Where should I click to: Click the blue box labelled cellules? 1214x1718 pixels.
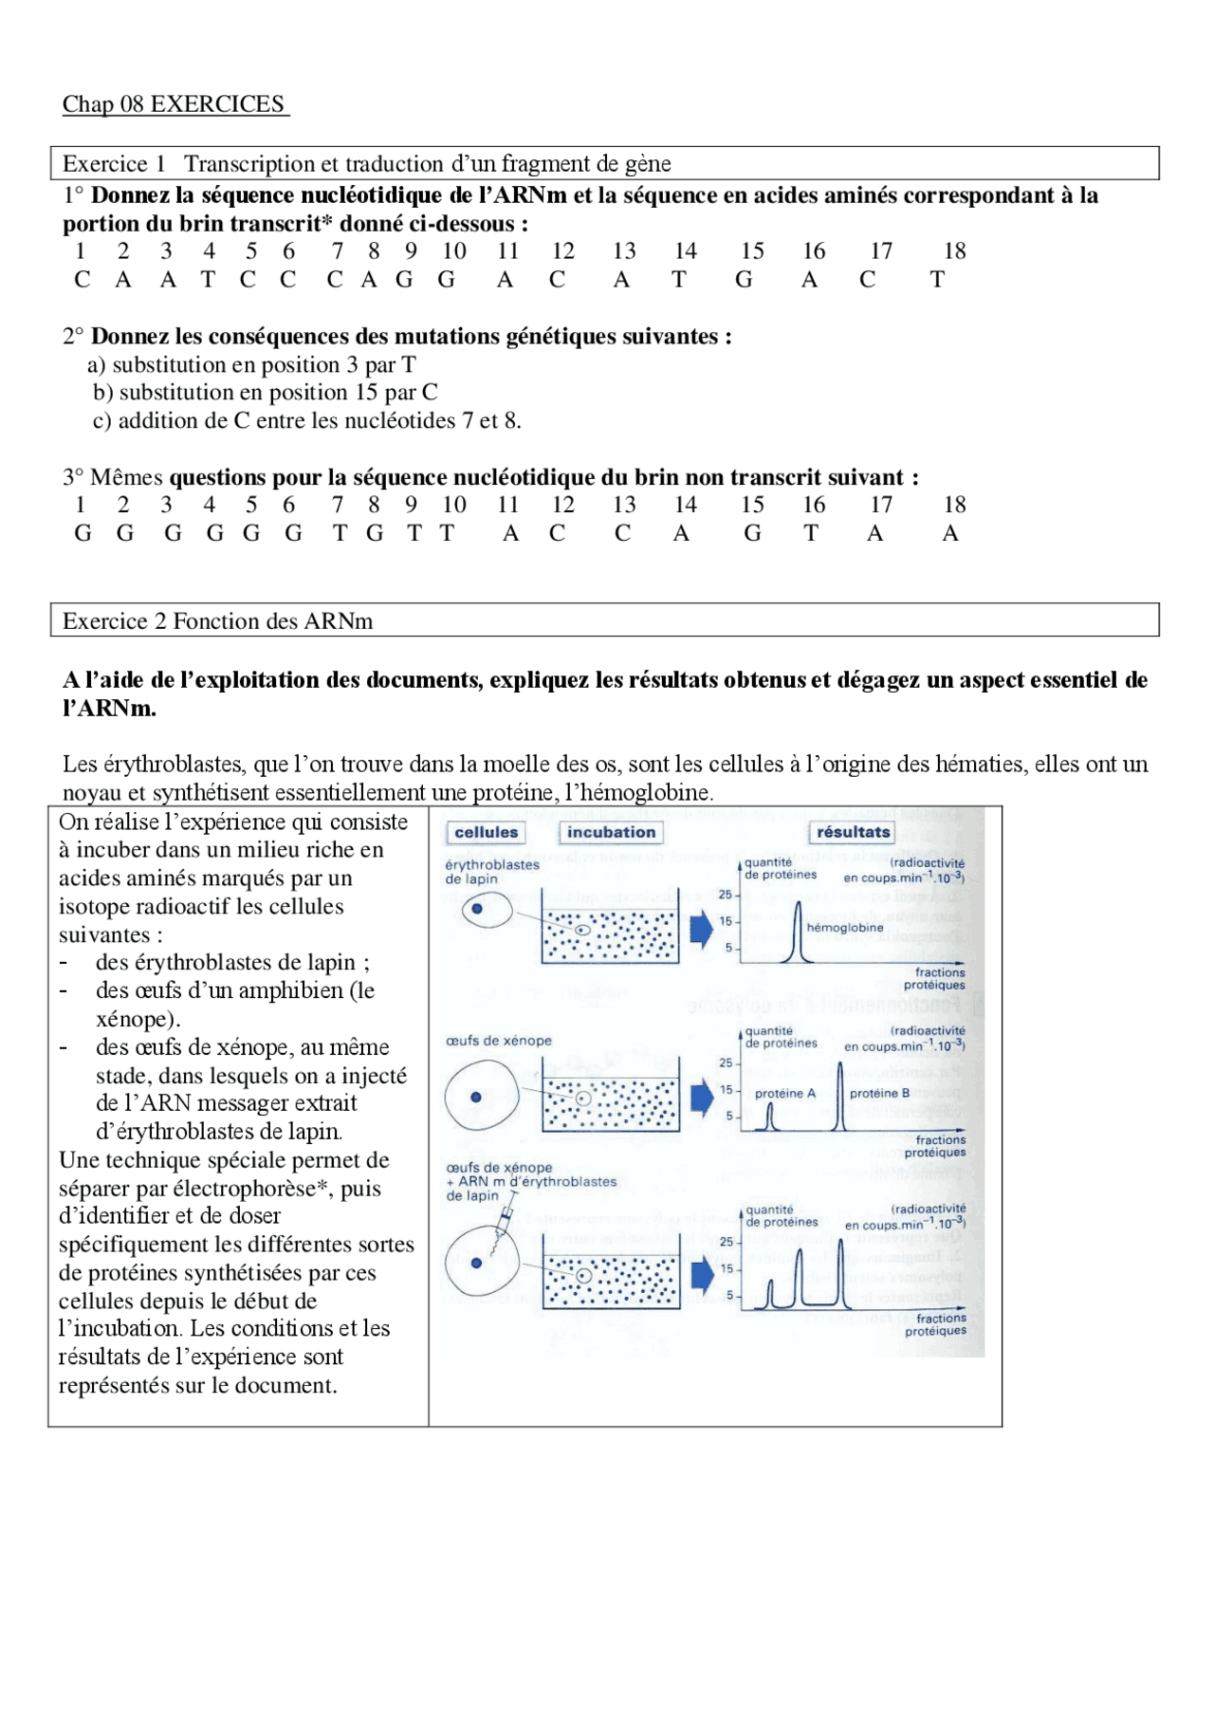point(486,832)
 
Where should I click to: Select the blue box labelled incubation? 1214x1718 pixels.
point(611,832)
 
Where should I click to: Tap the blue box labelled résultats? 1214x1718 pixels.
point(853,832)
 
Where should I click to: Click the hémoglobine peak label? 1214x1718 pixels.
point(844,928)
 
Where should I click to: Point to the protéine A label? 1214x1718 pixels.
point(784,1094)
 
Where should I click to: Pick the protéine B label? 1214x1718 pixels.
point(879,1094)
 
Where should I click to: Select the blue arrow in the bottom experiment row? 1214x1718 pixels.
point(702,1275)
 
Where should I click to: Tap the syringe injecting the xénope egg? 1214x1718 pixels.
point(506,1213)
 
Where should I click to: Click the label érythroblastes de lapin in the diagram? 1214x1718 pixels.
point(491,871)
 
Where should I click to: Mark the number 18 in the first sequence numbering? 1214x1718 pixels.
point(954,251)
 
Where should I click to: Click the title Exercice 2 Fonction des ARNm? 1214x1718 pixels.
point(217,621)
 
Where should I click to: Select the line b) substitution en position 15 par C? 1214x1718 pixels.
point(265,393)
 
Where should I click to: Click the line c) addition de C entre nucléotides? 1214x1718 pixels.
point(306,421)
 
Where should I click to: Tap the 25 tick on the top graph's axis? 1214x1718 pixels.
point(725,895)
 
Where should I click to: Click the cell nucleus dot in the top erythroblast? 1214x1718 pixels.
point(477,909)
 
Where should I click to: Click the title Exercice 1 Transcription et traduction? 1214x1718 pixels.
point(366,164)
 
